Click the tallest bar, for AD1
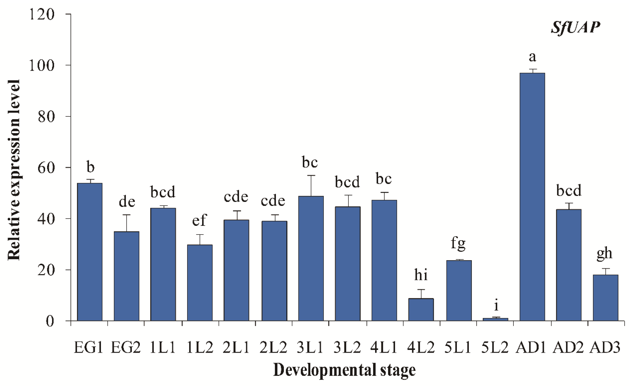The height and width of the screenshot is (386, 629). [532, 197]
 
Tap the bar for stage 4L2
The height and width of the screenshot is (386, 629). [421, 309]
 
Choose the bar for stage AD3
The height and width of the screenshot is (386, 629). [605, 298]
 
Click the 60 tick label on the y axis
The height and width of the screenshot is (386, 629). [46, 168]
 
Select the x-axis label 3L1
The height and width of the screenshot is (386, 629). [310, 348]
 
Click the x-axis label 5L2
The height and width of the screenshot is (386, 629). [495, 348]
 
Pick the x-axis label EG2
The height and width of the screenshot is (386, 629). [126, 348]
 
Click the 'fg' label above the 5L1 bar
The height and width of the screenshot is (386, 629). [458, 243]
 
